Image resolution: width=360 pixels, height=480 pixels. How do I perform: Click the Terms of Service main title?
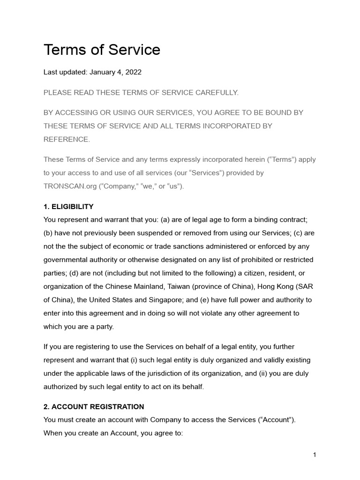pyautogui.click(x=102, y=50)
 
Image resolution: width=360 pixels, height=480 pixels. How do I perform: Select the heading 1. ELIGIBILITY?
pyautogui.click(x=68, y=206)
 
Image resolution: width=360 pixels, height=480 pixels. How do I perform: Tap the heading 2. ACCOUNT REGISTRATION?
pyautogui.click(x=94, y=406)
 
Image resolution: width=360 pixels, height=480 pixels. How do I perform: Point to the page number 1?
pyautogui.click(x=315, y=455)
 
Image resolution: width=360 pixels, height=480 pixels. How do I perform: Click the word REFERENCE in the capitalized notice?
pyautogui.click(x=66, y=139)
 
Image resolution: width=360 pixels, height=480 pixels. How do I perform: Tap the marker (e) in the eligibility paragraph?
pyautogui.click(x=222, y=300)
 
